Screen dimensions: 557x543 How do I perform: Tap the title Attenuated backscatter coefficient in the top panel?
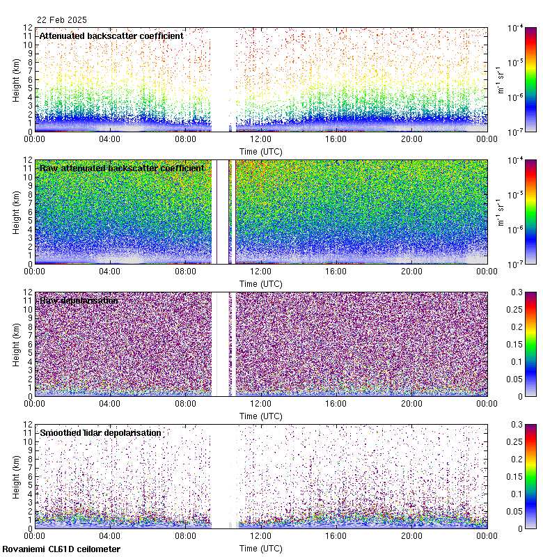[x=111, y=36]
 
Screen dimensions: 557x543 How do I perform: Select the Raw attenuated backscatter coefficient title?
[x=122, y=168]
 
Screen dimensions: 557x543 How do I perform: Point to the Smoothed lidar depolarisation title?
[x=100, y=432]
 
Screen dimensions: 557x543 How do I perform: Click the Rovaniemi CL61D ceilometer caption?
[x=61, y=549]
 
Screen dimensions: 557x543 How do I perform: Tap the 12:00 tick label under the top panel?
[x=260, y=139]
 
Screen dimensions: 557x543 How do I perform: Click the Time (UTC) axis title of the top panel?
[x=260, y=150]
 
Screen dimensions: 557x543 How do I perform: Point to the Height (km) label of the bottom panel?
[x=17, y=476]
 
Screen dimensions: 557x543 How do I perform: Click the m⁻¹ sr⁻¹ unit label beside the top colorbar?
[x=499, y=79]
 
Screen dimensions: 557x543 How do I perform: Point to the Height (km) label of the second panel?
[x=17, y=211]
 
